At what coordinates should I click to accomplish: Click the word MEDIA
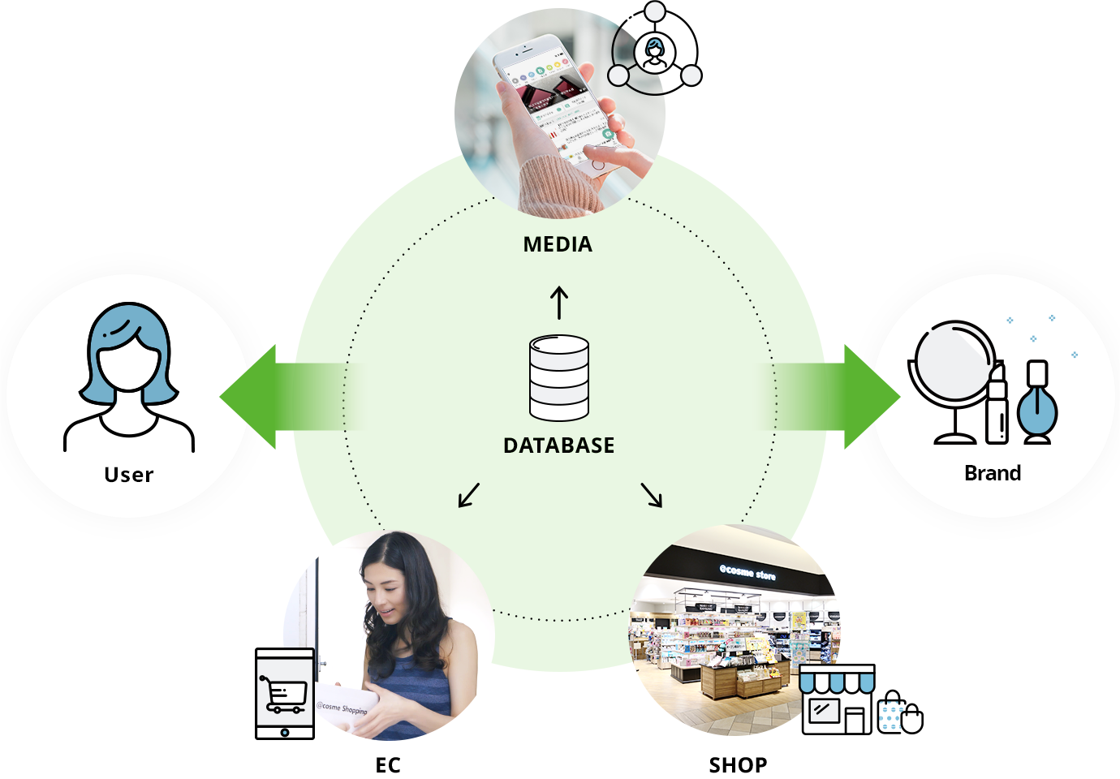click(558, 244)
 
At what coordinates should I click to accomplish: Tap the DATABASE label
click(558, 445)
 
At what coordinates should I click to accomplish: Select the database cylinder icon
click(559, 378)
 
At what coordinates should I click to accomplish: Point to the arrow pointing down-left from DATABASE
click(469, 495)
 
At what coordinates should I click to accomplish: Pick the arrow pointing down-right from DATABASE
click(652, 495)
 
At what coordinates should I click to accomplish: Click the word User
click(129, 475)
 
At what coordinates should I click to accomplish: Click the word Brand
click(993, 473)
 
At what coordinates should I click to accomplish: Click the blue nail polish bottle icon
click(1037, 405)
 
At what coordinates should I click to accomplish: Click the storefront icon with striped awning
click(836, 700)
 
